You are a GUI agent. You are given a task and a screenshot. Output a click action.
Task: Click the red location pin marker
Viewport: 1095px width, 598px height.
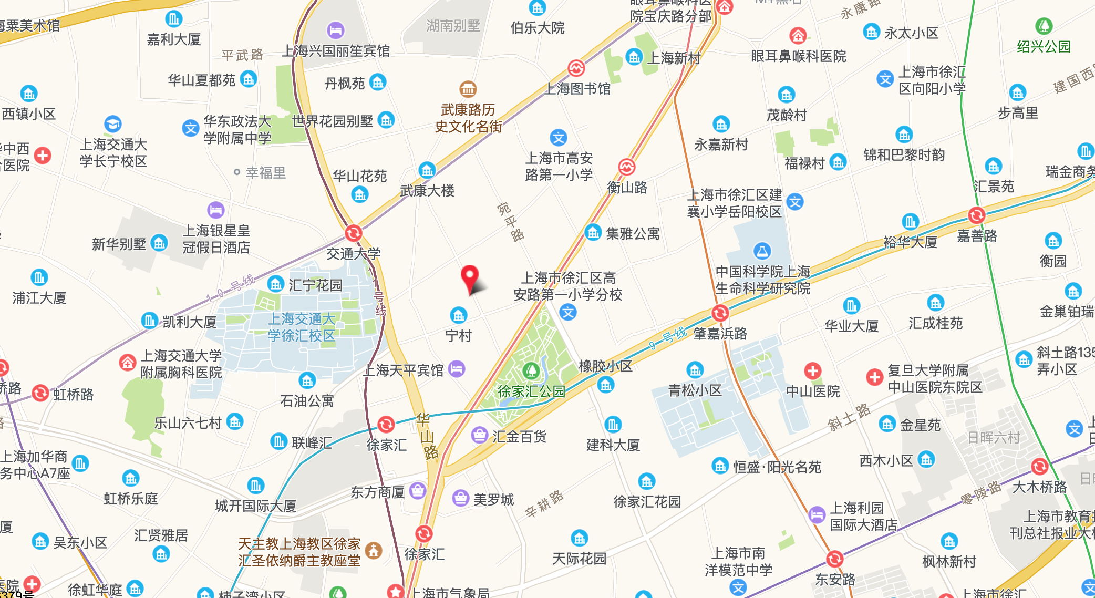[x=469, y=276]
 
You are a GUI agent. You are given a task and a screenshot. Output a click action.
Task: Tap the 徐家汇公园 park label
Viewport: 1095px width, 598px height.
[x=531, y=391]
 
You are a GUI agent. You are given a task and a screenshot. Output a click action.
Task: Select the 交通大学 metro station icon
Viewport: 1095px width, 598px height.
[x=354, y=233]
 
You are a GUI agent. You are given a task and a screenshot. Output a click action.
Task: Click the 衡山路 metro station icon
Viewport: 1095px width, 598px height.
[x=626, y=167]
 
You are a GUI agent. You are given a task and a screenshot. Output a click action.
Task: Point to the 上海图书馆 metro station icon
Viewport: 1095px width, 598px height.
[x=576, y=68]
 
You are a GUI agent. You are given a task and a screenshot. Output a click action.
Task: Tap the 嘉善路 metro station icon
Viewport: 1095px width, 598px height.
[x=976, y=215]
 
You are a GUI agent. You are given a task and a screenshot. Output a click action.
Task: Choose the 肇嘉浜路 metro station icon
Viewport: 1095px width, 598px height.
[x=720, y=313]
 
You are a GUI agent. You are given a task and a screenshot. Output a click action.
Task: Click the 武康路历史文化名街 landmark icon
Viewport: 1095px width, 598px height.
[x=468, y=89]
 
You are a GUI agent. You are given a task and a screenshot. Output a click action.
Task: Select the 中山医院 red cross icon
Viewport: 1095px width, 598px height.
[x=812, y=370]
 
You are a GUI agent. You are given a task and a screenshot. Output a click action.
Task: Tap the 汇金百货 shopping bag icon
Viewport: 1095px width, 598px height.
[x=479, y=435]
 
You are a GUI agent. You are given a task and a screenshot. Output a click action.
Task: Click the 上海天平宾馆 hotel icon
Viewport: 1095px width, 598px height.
[x=457, y=369]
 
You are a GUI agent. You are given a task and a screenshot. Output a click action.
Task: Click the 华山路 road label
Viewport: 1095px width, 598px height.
[x=427, y=436]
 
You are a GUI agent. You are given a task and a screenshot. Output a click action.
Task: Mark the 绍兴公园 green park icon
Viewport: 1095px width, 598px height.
[x=1044, y=26]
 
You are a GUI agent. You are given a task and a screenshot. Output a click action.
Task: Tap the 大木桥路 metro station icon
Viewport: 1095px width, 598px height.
[x=1039, y=466]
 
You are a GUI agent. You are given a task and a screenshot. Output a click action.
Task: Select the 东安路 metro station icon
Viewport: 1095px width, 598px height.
[x=834, y=559]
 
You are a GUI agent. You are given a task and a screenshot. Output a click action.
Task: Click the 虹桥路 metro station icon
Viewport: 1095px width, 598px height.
[x=40, y=393]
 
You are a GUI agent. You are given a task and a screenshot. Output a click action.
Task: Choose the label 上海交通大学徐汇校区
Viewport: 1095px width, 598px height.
[x=302, y=327]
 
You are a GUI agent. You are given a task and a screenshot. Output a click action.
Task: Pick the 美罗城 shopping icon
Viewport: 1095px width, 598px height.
[x=461, y=498]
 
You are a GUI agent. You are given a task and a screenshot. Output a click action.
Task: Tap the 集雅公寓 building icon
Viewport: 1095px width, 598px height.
[x=593, y=232]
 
